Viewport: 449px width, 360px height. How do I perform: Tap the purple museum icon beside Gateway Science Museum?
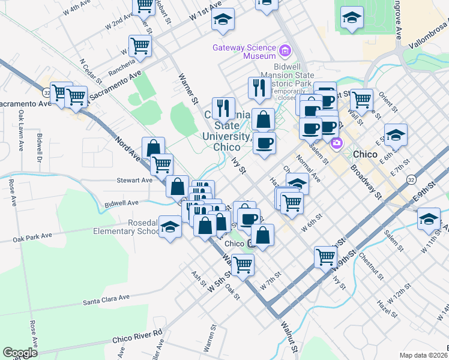click(x=285, y=49)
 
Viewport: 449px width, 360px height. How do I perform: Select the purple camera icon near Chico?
click(x=336, y=142)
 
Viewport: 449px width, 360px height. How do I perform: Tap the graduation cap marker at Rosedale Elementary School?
click(x=170, y=227)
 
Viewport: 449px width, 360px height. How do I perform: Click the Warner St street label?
click(x=188, y=88)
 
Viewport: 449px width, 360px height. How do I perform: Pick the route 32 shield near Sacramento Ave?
click(x=46, y=93)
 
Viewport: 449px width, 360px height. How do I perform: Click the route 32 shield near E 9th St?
click(x=410, y=179)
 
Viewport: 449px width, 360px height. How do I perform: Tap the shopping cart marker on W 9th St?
click(x=325, y=256)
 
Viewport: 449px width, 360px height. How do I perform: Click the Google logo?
click(x=20, y=352)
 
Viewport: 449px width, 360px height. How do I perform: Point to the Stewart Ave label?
click(x=134, y=179)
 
